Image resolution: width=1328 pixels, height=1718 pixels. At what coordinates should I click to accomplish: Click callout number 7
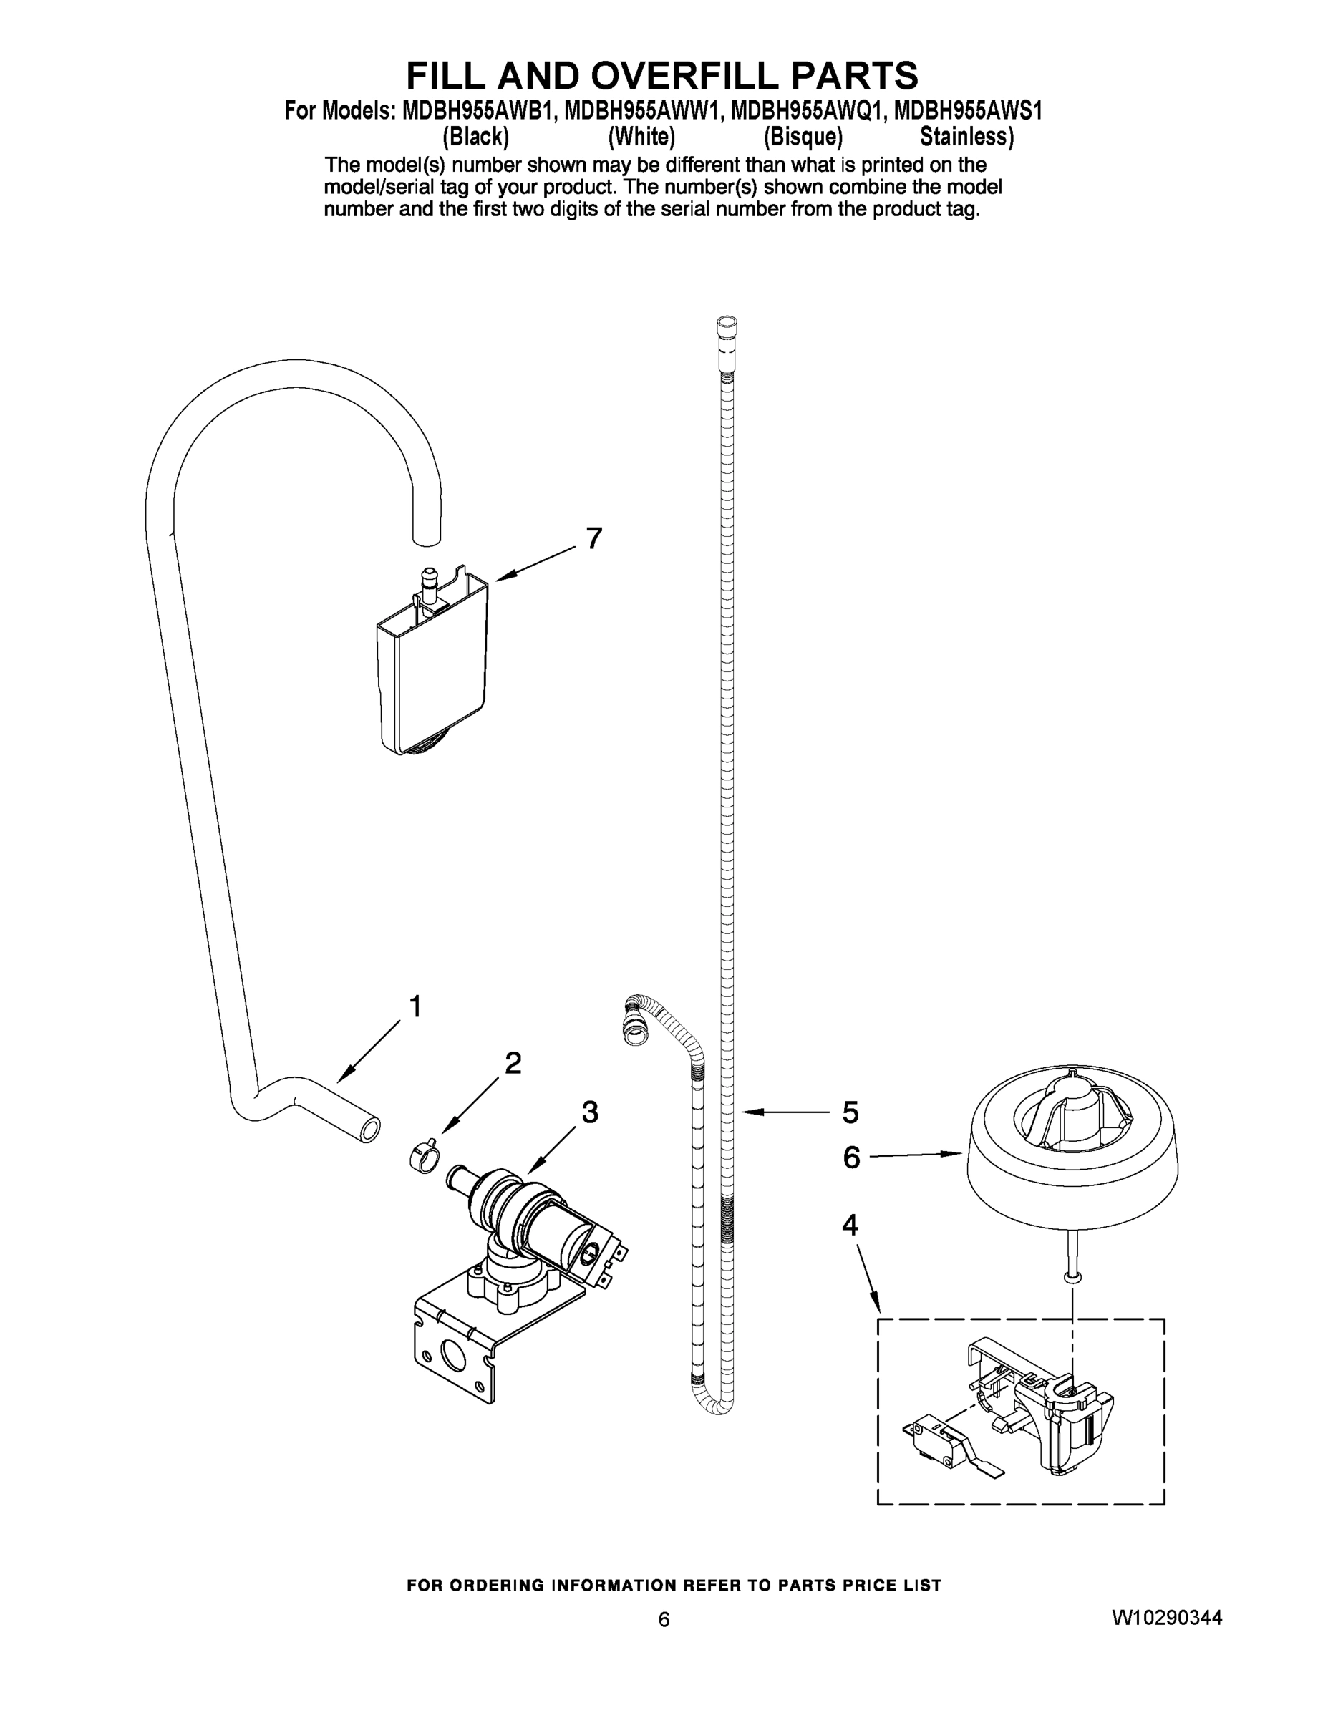pos(593,539)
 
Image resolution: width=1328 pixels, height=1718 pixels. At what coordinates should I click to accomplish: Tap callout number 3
pos(589,1112)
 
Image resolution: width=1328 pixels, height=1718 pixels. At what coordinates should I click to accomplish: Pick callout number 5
pos(850,1112)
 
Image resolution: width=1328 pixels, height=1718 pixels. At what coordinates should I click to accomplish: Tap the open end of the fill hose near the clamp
pos(368,1131)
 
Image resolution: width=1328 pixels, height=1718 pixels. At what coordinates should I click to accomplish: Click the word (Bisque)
pos(803,137)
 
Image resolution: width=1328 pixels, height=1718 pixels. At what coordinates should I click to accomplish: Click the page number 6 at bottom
pos(664,1620)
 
